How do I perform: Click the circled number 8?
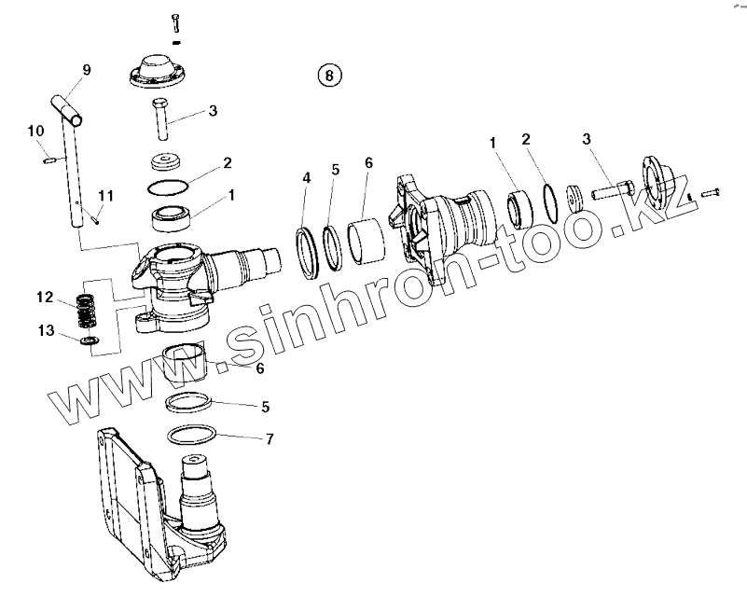tap(330, 76)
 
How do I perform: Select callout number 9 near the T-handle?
tap(87, 69)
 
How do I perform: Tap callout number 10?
tap(35, 130)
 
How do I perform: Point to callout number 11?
tap(106, 195)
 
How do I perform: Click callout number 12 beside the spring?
tap(45, 298)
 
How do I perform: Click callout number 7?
tap(270, 437)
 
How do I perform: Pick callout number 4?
tap(306, 177)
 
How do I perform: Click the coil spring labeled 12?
tap(86, 311)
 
